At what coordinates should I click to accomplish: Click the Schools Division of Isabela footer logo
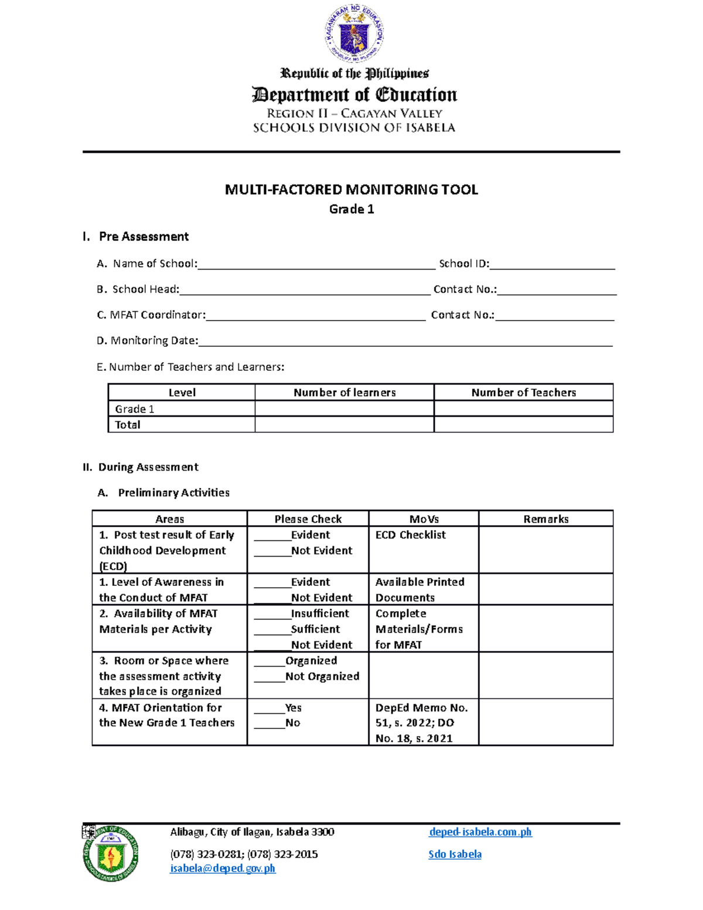(x=111, y=854)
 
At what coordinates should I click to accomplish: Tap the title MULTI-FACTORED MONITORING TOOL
(x=351, y=189)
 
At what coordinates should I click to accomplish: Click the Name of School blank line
(x=316, y=265)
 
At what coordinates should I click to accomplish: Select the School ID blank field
(x=552, y=265)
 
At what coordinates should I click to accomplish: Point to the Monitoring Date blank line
(x=405, y=342)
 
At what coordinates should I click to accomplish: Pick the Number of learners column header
(x=344, y=393)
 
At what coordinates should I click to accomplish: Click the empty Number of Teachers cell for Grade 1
(x=523, y=409)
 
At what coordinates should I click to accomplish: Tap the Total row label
(x=128, y=425)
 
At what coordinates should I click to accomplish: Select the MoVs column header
(x=424, y=519)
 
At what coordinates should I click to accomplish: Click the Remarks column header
(x=545, y=519)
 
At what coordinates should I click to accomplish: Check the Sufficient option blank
(x=272, y=630)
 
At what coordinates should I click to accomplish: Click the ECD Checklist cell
(x=411, y=535)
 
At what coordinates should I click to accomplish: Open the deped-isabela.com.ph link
(x=480, y=832)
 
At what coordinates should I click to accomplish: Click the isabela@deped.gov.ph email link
(x=223, y=868)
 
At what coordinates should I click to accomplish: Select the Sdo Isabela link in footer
(x=455, y=854)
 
